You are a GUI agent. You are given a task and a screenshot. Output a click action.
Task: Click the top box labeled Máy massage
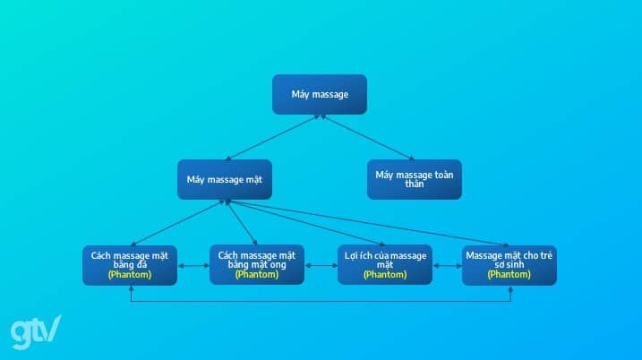(x=320, y=94)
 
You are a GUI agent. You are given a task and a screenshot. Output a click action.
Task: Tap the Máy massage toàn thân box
(x=414, y=179)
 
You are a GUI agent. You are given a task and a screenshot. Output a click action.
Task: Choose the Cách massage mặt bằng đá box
(x=130, y=264)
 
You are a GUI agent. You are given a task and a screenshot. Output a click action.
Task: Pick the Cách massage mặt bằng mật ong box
(x=257, y=264)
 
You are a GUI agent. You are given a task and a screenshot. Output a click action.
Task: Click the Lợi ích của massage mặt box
(x=384, y=264)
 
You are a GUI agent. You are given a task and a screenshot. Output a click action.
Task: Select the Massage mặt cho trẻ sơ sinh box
(x=509, y=264)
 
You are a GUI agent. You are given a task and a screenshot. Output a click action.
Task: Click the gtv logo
(x=35, y=332)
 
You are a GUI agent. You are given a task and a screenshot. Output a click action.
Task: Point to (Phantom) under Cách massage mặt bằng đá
(x=130, y=275)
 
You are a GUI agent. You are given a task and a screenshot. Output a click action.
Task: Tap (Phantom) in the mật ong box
(x=257, y=275)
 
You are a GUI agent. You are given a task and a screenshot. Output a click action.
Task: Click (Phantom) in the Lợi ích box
(x=384, y=275)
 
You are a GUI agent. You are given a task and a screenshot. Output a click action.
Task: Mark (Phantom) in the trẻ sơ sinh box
(x=509, y=275)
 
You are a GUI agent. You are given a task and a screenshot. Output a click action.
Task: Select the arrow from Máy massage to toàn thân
(x=367, y=137)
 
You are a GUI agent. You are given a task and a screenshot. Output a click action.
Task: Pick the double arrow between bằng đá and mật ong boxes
(x=193, y=266)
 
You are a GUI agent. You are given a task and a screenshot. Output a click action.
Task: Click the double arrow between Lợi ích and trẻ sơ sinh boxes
(x=447, y=266)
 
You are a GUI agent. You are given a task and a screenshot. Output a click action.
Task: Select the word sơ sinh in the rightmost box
(x=509, y=265)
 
